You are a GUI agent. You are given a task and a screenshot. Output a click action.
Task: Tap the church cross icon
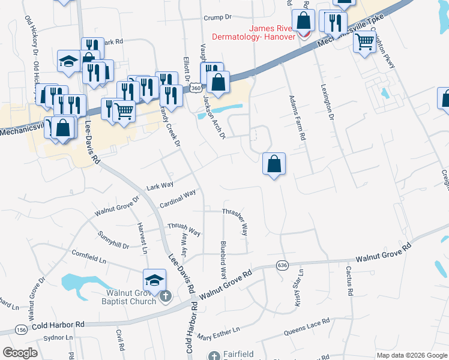[166, 296]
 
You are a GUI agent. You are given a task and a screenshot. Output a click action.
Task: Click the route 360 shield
[195, 88]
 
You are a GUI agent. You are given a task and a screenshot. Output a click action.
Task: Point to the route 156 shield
[22, 330]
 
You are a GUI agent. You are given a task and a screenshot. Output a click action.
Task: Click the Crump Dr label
[217, 18]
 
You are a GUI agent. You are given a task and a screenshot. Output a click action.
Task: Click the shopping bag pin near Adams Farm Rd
[274, 164]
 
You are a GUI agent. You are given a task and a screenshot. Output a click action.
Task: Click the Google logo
[20, 352]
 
